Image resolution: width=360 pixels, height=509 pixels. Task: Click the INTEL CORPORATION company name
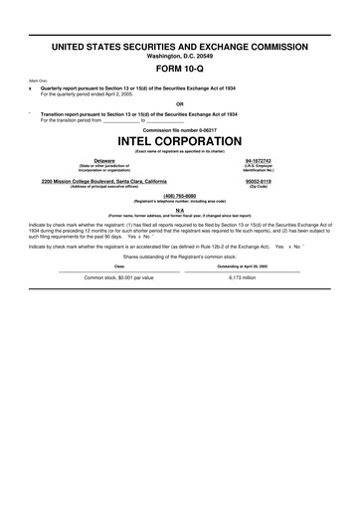point(180,140)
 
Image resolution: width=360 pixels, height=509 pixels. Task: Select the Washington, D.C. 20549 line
point(180,56)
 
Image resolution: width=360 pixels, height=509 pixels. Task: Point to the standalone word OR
point(180,102)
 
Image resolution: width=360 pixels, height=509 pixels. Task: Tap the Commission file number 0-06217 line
point(180,129)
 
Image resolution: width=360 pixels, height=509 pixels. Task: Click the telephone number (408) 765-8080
point(180,196)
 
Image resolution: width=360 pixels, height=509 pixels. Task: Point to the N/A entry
point(180,210)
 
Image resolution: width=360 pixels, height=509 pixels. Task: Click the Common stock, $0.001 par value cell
point(119,277)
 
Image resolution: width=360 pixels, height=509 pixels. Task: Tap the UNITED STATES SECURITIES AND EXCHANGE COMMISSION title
point(180,47)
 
